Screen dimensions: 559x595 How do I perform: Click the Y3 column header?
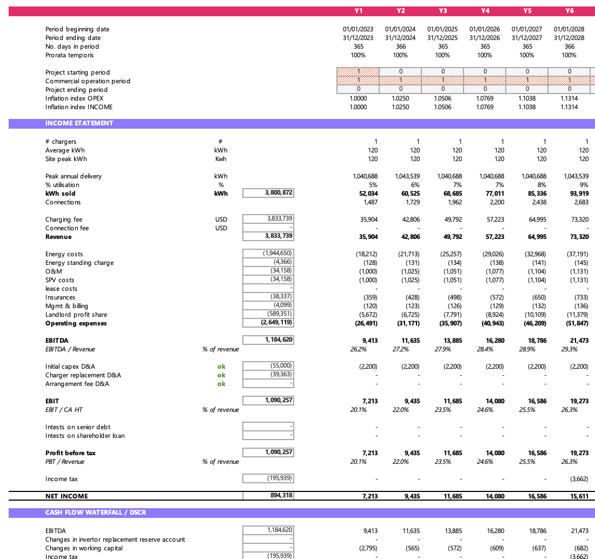coord(442,11)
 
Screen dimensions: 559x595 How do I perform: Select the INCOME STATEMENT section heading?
coord(79,123)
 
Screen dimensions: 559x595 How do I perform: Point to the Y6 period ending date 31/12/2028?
coord(569,38)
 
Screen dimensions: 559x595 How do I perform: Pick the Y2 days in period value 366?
coord(400,46)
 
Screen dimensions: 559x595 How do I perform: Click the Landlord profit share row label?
coord(76,315)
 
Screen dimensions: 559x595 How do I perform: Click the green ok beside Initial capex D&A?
coord(221,367)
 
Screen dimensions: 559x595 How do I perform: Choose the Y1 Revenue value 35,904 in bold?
coord(366,237)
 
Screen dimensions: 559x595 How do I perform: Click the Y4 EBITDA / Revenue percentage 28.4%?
coord(485,349)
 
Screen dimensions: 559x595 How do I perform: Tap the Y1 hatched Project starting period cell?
coord(358,72)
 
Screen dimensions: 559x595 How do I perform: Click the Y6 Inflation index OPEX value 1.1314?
coord(569,98)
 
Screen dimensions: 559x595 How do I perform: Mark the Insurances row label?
coord(61,297)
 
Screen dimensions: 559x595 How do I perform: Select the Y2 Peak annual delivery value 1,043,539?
coord(401,176)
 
